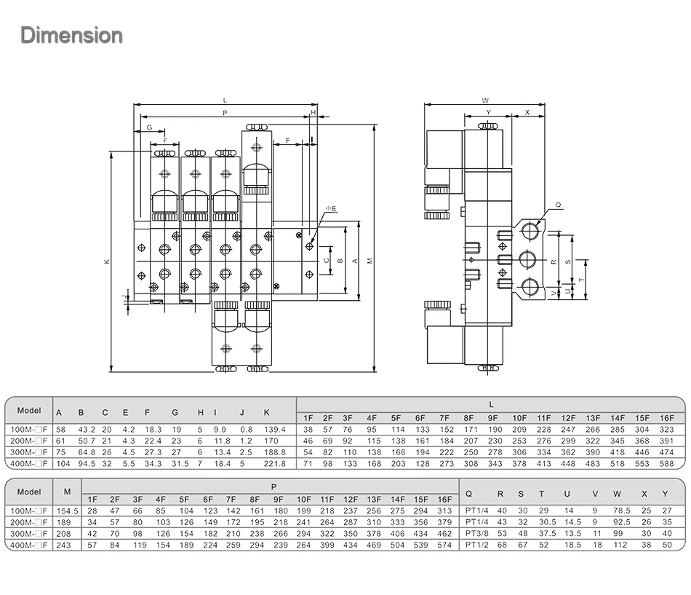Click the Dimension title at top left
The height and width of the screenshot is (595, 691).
point(71,35)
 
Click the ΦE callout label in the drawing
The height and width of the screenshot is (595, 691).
point(330,209)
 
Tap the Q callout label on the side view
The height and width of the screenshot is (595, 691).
point(558,205)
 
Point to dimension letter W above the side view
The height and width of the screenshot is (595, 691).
point(485,100)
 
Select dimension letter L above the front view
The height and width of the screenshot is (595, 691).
point(225,100)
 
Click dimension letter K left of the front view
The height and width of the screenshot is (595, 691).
point(106,261)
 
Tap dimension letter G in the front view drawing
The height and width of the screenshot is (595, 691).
point(149,128)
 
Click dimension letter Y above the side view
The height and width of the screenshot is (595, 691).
point(488,112)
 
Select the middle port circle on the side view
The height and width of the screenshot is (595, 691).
point(530,260)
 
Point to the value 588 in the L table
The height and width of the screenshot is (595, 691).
point(666,463)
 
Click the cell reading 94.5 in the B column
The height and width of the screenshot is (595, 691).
point(85,463)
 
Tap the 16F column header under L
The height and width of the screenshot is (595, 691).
point(666,417)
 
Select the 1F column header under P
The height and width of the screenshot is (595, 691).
point(92,499)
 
